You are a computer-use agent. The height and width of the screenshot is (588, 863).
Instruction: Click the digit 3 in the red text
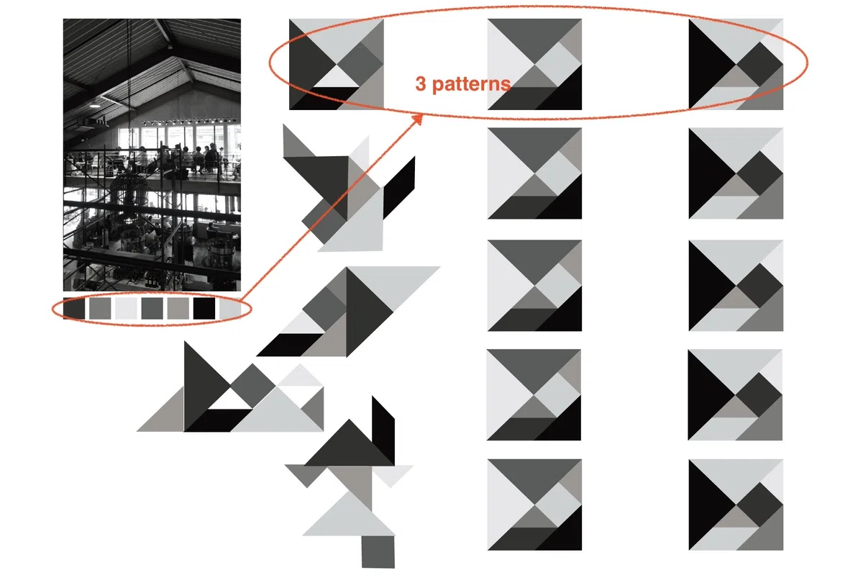(x=421, y=83)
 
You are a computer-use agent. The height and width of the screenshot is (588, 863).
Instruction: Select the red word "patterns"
(x=472, y=84)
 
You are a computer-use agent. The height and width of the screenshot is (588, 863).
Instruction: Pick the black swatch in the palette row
(x=204, y=308)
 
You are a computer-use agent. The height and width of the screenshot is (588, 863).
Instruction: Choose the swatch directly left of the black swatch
(x=178, y=308)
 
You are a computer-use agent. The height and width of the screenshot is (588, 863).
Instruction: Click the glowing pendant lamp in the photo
(x=95, y=104)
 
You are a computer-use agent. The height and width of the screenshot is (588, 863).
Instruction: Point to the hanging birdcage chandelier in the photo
(x=129, y=193)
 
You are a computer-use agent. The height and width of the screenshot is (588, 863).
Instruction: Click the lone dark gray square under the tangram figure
(x=378, y=551)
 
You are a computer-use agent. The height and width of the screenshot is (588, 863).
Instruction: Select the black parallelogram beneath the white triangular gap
(x=218, y=420)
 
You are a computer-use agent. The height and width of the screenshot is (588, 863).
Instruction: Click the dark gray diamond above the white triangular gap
(x=252, y=386)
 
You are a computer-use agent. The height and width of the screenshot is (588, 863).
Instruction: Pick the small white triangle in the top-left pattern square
(x=337, y=78)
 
